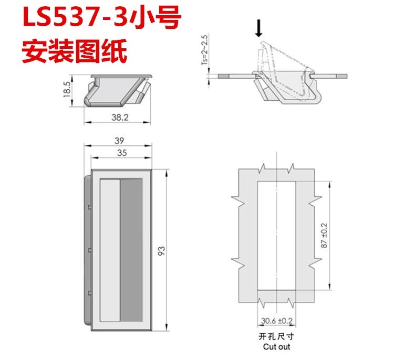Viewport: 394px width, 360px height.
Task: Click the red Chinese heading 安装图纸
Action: click(75, 51)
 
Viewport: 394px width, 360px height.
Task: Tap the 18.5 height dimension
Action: click(67, 89)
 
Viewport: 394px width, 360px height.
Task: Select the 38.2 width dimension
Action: click(120, 117)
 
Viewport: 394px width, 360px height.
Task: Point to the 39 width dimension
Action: click(119, 141)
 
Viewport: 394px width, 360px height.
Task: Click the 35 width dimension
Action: click(122, 153)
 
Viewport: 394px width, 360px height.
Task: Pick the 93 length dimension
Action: click(162, 251)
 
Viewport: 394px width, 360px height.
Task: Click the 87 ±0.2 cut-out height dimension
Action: click(324, 235)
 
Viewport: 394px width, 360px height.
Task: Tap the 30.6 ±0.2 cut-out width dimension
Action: click(277, 321)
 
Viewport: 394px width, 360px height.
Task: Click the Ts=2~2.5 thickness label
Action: click(205, 50)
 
